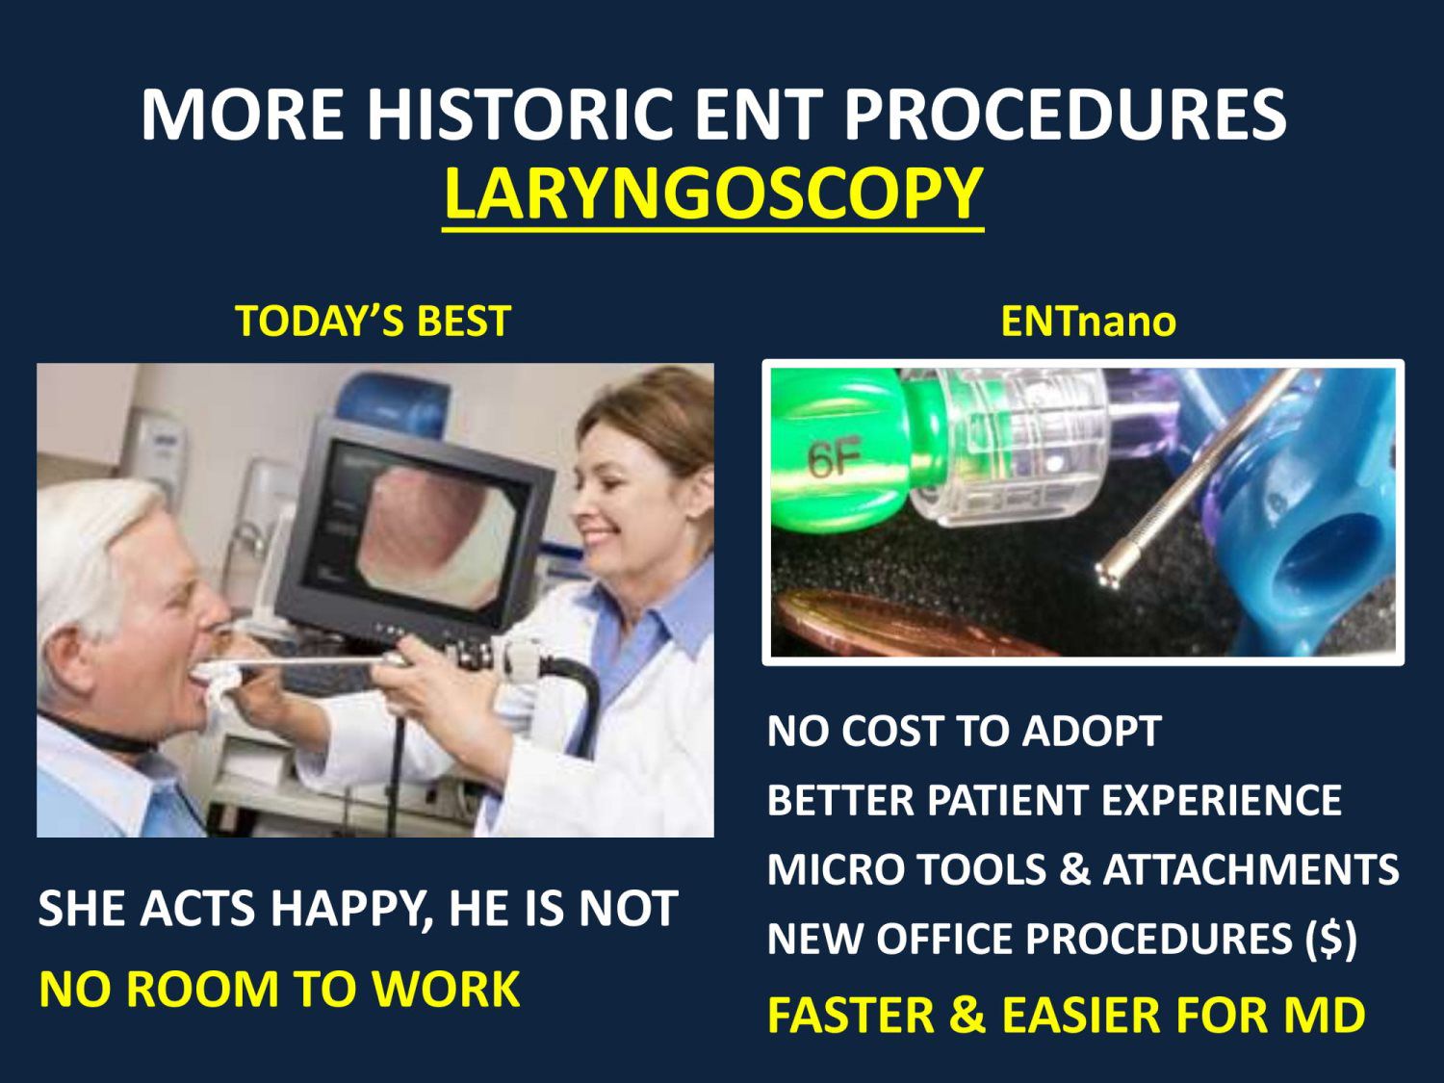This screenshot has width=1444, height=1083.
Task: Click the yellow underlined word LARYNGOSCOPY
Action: tap(712, 193)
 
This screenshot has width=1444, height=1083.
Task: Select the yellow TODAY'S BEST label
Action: tap(373, 321)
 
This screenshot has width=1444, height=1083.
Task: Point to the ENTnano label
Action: tap(1088, 321)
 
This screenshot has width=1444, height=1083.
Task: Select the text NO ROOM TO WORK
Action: tap(279, 989)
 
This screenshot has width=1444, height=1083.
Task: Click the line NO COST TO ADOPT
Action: tap(964, 731)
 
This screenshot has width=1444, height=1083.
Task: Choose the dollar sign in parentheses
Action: tap(1330, 939)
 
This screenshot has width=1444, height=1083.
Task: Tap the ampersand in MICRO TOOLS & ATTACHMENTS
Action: tap(1074, 869)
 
